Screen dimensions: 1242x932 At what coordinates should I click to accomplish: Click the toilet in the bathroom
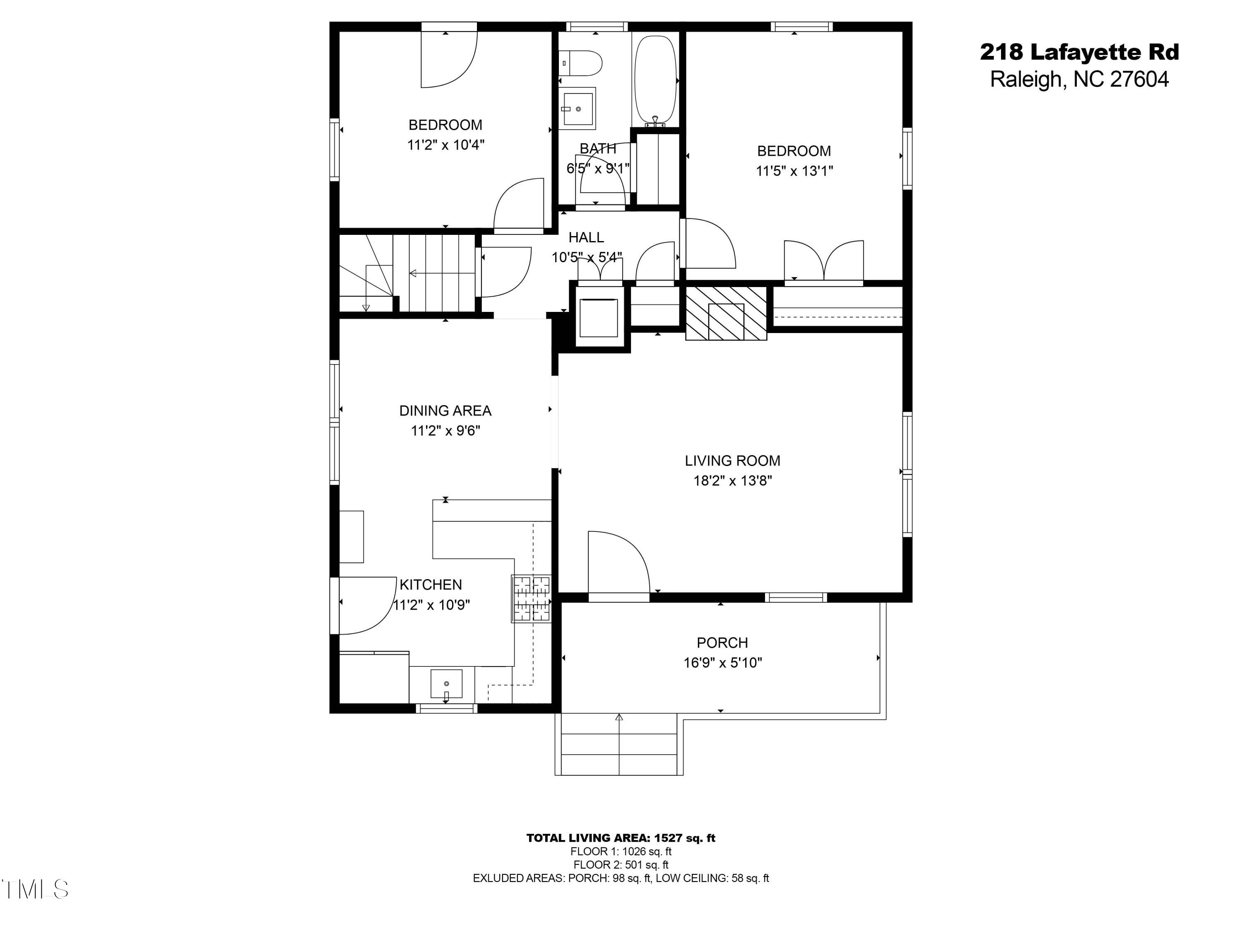tap(581, 63)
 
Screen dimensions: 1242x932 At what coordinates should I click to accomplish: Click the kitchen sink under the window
tap(446, 684)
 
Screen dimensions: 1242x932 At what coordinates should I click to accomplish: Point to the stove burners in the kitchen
tap(531, 599)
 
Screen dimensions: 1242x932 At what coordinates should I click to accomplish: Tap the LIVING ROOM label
tap(732, 461)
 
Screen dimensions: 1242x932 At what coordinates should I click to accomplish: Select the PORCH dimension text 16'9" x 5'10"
tap(722, 663)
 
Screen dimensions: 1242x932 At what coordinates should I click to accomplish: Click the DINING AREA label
tap(445, 410)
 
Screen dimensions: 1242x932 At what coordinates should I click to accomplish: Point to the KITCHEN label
tap(431, 585)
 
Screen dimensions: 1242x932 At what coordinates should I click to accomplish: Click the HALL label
tap(586, 238)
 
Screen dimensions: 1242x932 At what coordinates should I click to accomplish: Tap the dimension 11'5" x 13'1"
tap(794, 171)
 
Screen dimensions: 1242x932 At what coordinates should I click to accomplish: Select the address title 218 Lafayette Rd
tap(1079, 52)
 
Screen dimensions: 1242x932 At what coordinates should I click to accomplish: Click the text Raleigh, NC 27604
tap(1079, 79)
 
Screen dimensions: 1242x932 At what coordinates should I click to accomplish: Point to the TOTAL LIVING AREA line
tap(621, 838)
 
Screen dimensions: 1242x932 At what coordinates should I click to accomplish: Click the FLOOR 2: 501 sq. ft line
tap(621, 865)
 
